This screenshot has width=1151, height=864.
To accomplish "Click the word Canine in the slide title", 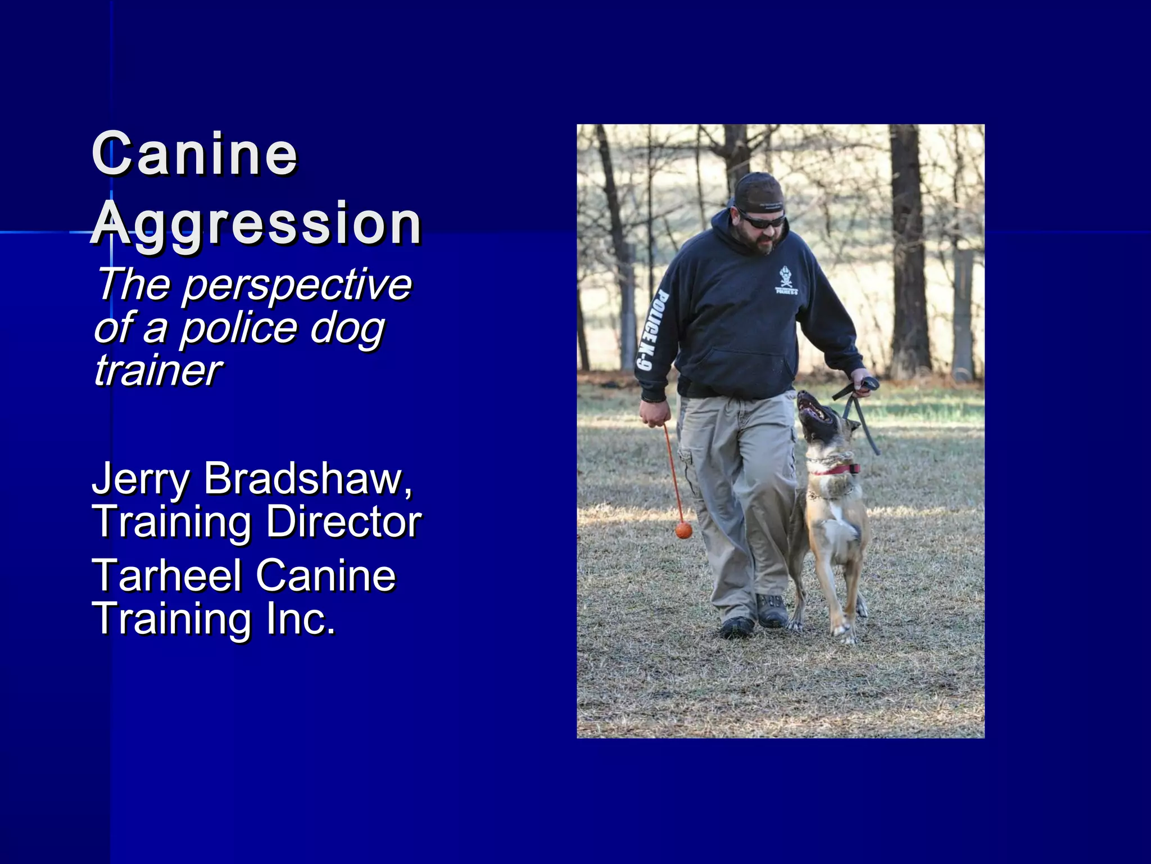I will pos(194,154).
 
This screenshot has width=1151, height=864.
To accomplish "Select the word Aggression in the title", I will pos(256,223).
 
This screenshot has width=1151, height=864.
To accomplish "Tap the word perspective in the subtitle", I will pos(297,285).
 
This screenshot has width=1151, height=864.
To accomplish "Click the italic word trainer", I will pos(158,371).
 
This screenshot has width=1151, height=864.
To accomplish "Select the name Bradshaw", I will pos(308,479).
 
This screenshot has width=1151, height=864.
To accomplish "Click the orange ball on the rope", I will pos(683,530).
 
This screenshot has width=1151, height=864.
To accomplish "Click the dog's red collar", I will pos(835,469).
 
